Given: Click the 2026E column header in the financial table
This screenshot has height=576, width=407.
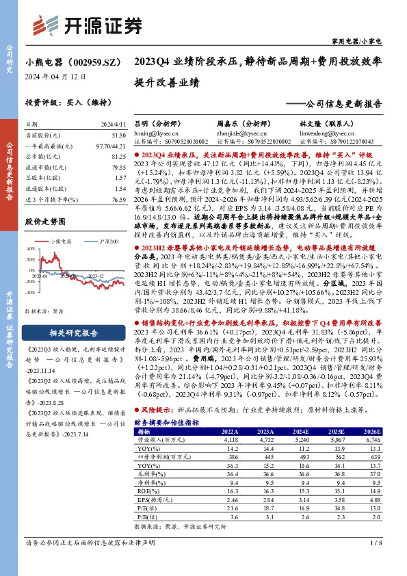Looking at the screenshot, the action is pyautogui.click(x=371, y=432).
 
